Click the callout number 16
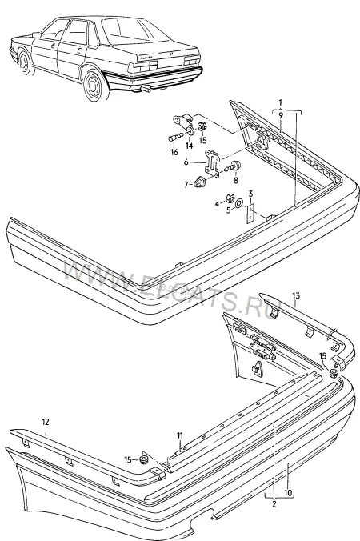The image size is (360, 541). [x=174, y=152]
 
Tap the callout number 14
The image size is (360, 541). [x=189, y=146]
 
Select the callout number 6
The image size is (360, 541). [x=186, y=162]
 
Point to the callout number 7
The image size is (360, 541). [x=186, y=185]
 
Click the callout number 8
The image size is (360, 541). [x=236, y=180]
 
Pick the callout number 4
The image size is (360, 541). [x=217, y=204]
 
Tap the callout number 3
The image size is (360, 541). [x=250, y=194]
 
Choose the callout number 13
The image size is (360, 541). [x=296, y=295]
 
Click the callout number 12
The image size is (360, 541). [x=46, y=422]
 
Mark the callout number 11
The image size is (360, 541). [x=180, y=436]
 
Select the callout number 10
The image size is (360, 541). [x=288, y=493]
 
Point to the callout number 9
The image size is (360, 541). [x=281, y=115]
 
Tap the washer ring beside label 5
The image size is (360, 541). [x=238, y=204]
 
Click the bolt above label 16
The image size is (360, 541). [x=176, y=138]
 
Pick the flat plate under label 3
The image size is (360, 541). [x=250, y=214]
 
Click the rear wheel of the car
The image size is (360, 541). [x=93, y=85]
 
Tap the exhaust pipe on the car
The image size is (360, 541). [x=146, y=90]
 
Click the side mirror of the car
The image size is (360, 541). [x=36, y=34]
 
